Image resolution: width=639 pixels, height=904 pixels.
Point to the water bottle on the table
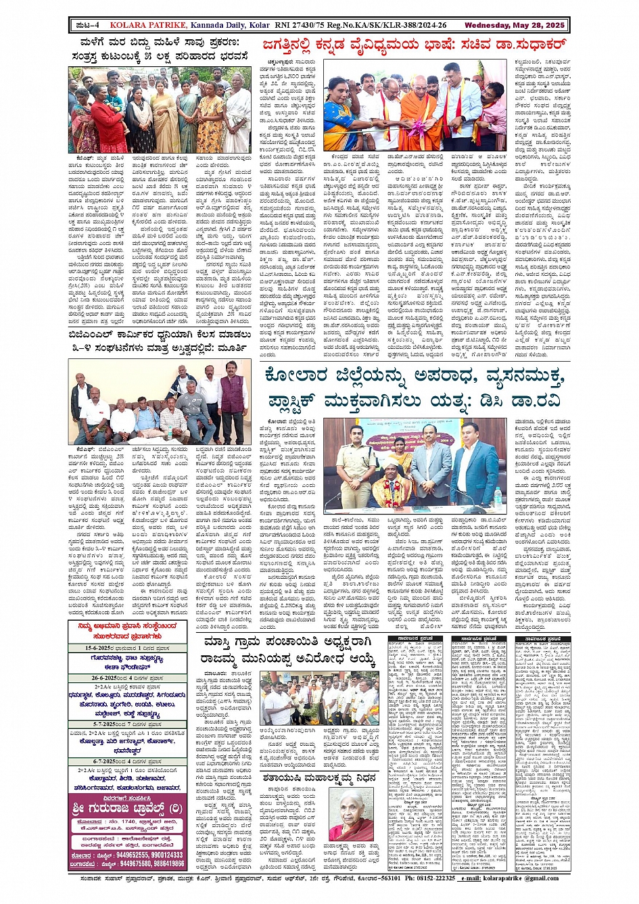498,495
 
